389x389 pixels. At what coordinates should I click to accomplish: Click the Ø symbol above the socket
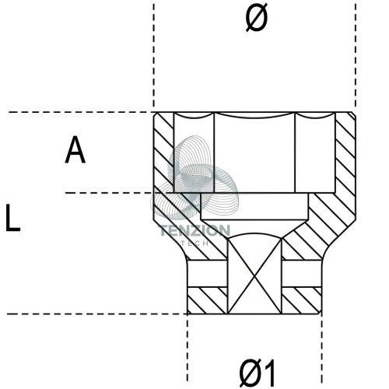pos(257,18)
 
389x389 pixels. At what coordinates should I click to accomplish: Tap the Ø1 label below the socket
pos(257,373)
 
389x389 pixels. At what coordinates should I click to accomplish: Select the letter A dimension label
pos(75,149)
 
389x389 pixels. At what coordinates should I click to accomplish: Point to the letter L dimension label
pos(12,218)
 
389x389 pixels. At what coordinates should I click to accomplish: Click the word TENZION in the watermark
pos(194,230)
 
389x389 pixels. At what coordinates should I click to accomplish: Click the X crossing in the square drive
pos(254,277)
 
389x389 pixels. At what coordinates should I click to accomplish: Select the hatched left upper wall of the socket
pos(163,153)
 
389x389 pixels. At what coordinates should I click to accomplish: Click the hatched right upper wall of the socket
pos(345,153)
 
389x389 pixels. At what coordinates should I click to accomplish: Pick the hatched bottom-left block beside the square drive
pos(207,300)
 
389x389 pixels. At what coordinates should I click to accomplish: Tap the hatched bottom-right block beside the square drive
pos(301,300)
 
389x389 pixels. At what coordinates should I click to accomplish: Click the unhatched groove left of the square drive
pos(208,273)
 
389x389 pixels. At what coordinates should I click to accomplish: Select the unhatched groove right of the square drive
pos(302,273)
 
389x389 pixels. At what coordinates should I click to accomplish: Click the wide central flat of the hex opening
pos(254,154)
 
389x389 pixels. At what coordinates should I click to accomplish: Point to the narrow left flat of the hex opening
pos(194,154)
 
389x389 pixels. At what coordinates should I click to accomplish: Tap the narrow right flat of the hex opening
pos(315,154)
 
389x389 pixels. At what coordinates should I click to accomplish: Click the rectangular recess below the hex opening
pos(254,206)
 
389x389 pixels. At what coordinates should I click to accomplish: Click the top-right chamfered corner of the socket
pos(353,114)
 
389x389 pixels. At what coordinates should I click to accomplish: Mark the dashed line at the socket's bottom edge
pos(97,314)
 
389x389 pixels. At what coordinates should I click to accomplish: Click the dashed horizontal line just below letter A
pos(109,193)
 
